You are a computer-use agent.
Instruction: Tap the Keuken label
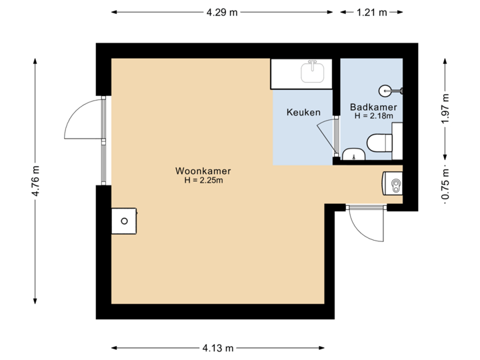tap(303, 112)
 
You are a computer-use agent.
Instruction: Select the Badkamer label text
tap(373, 107)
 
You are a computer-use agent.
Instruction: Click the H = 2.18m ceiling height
tap(373, 115)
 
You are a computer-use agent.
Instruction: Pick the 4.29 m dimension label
tap(222, 12)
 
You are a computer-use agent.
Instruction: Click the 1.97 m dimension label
tap(445, 108)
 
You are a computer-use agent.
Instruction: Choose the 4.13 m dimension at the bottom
tap(217, 347)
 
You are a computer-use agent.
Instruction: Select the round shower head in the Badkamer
tap(385, 89)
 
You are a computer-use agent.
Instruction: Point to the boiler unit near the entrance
tap(393, 183)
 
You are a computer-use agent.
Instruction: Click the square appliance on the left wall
tap(124, 220)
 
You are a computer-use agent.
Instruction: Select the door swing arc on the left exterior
tap(80, 120)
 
